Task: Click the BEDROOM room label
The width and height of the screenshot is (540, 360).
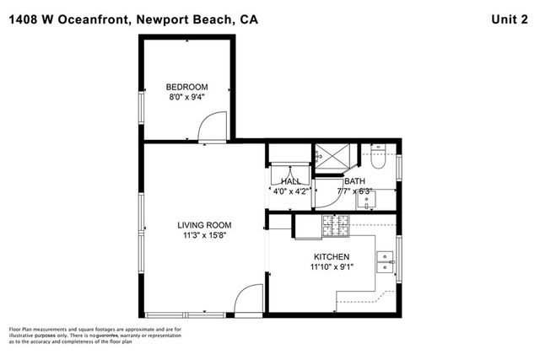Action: click(186, 87)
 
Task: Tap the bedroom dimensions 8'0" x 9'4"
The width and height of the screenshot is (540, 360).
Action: click(186, 98)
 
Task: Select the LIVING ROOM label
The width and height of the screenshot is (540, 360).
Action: click(204, 225)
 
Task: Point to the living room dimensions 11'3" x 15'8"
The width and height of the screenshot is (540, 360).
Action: click(204, 236)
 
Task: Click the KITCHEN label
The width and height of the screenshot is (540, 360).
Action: click(332, 256)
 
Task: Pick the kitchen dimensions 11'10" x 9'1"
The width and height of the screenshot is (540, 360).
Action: click(332, 267)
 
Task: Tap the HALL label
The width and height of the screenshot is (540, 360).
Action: click(290, 181)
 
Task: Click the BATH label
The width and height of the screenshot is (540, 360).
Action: click(354, 181)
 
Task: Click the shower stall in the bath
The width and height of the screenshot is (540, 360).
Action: click(325, 158)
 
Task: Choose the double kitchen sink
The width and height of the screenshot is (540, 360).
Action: click(386, 262)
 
